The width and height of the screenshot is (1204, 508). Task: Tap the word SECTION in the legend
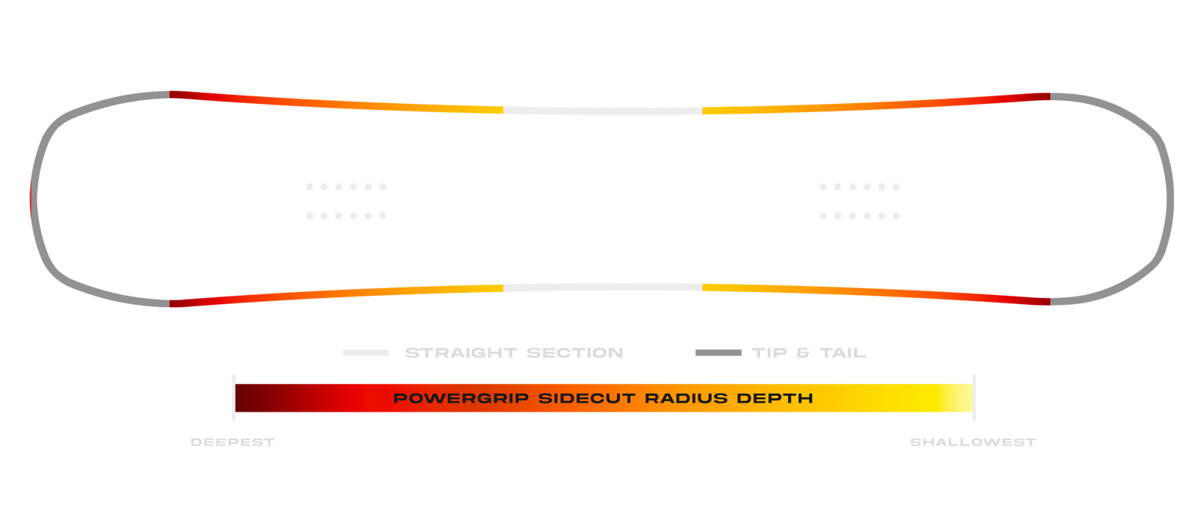pos(575,353)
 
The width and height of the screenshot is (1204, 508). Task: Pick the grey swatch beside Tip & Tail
pos(718,352)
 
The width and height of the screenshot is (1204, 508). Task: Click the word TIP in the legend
pos(769,353)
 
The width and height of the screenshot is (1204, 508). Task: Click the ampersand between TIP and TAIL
pos(803,353)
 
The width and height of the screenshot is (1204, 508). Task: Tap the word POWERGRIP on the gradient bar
pos(461,398)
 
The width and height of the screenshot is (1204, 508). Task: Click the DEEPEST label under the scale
pos(232,443)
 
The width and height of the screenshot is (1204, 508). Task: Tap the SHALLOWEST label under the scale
pos(972,443)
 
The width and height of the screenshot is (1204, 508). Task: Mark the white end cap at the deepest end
pos(234,397)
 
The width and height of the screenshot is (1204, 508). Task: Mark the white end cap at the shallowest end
pos(974,397)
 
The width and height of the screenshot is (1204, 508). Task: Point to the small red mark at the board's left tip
pos(30,199)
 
